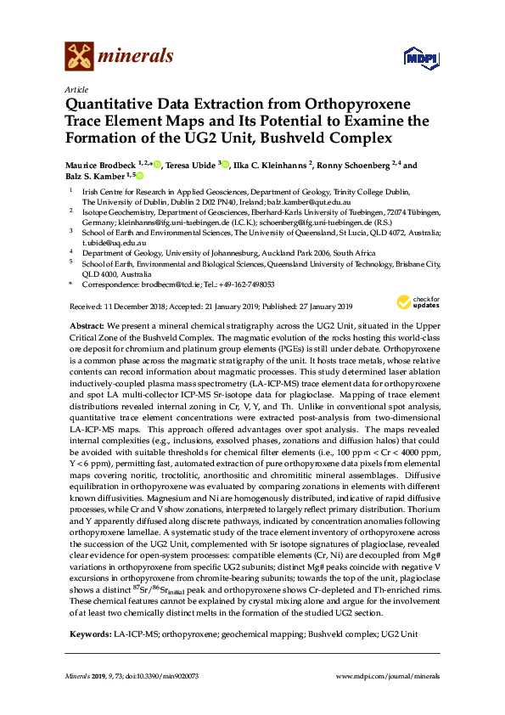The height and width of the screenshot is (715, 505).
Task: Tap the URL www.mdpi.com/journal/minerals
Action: click(x=387, y=676)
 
